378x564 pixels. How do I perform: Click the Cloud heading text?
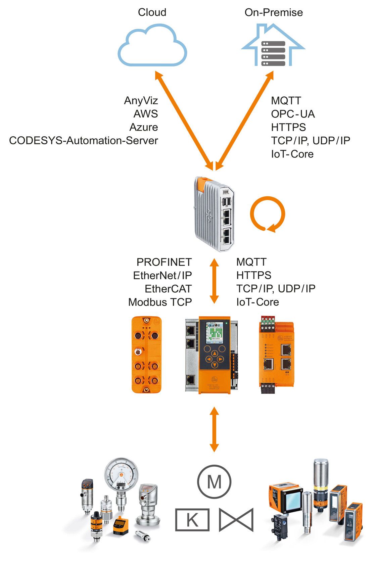click(152, 12)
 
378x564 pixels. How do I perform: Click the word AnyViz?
click(141, 100)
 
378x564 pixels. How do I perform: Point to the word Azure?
click(143, 127)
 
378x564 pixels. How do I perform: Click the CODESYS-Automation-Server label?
click(83, 140)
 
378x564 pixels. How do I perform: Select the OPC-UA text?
click(293, 114)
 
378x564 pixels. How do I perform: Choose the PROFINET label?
click(164, 262)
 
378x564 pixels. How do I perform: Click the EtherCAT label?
click(168, 289)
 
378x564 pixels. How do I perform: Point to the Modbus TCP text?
click(160, 302)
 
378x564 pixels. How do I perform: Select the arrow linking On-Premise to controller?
click(245, 121)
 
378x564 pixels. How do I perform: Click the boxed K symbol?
click(192, 520)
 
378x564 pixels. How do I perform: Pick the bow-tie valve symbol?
click(236, 520)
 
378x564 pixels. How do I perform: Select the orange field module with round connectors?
click(146, 355)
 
